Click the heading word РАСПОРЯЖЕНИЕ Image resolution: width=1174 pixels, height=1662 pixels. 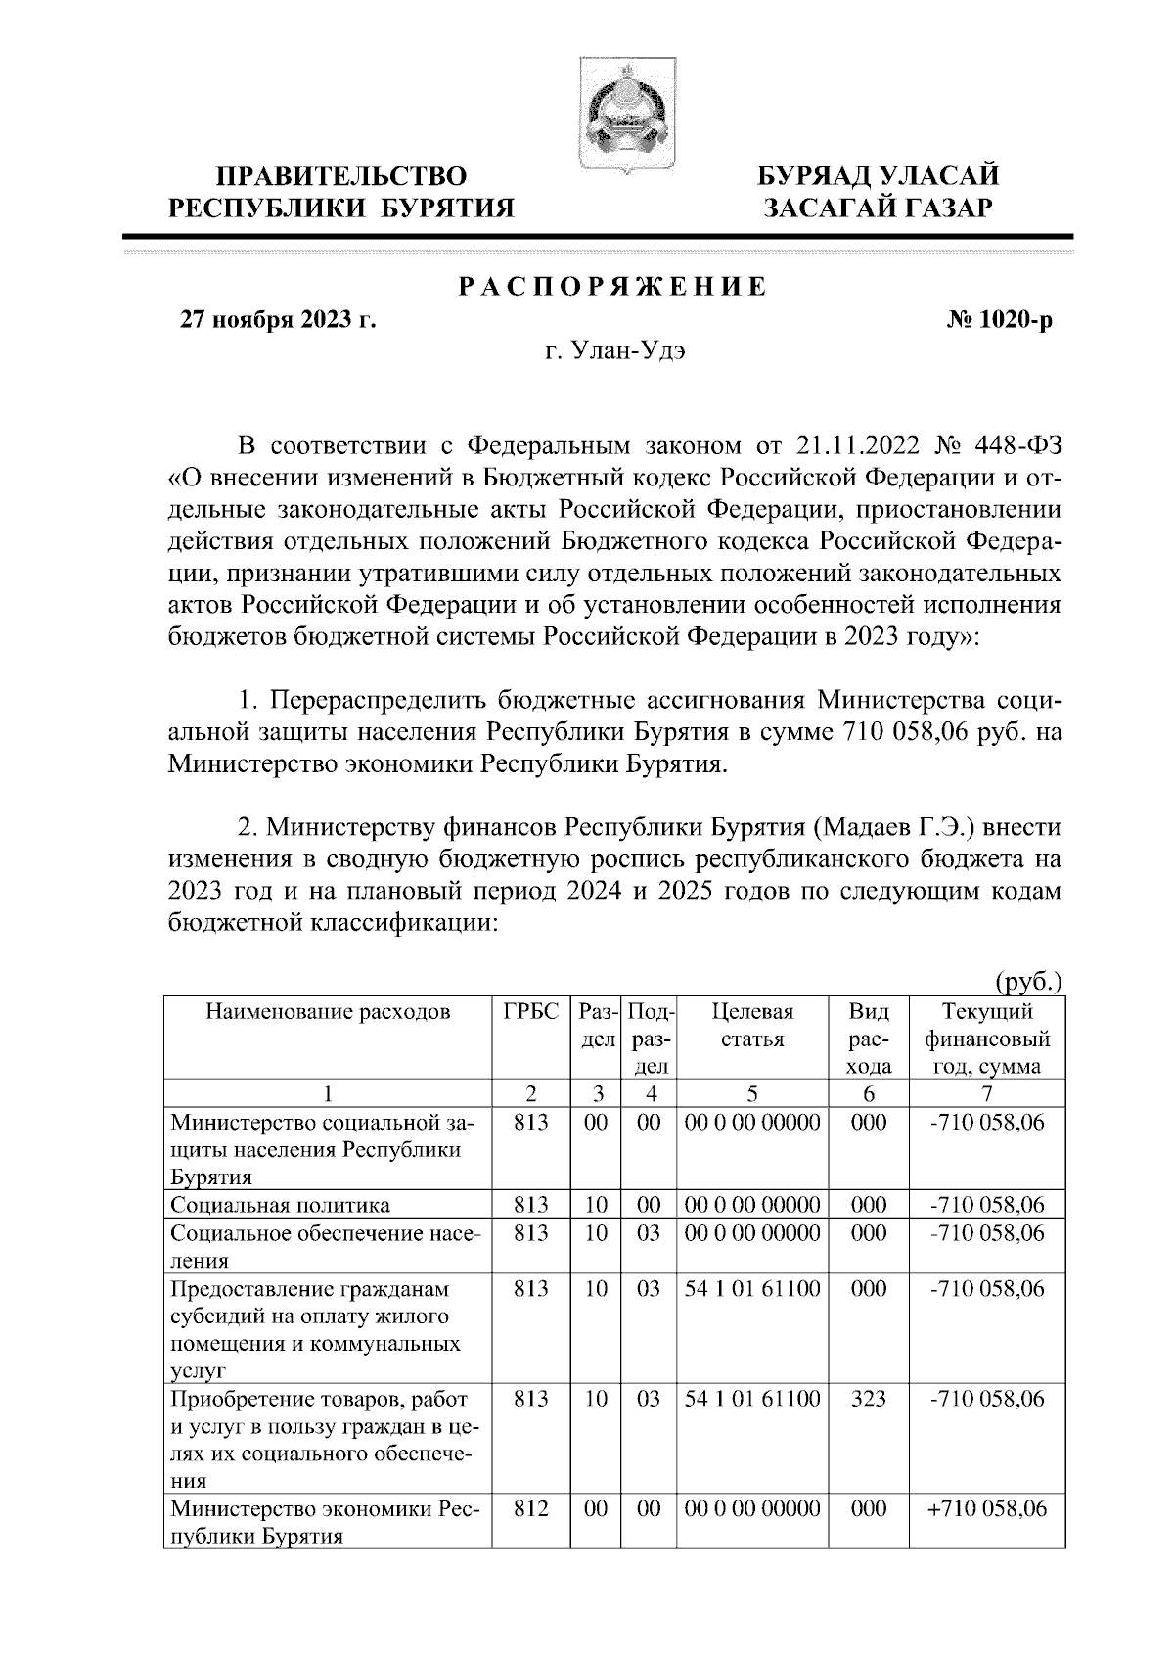coord(613,288)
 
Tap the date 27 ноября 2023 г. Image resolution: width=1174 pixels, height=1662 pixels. coord(277,320)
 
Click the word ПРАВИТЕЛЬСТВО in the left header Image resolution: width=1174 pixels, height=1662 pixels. coord(341,177)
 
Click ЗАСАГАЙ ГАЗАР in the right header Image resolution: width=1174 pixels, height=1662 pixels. coord(880,208)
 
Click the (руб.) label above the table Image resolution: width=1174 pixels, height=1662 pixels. coord(1028,981)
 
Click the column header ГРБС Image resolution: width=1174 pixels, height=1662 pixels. coord(530,1012)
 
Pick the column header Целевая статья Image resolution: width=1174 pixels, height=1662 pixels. coord(752,1025)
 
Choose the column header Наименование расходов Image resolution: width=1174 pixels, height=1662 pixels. coord(329,1012)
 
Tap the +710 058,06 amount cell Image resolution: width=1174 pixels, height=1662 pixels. coord(986,1509)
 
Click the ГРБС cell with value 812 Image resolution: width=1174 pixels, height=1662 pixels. coord(530,1509)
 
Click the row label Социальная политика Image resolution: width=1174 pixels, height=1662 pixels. coord(281,1205)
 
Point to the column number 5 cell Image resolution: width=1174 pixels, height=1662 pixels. coord(752,1093)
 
